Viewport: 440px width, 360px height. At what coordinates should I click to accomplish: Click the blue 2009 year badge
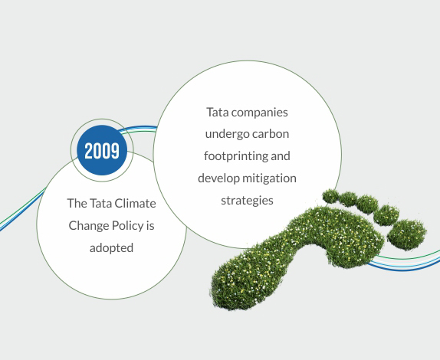click(102, 150)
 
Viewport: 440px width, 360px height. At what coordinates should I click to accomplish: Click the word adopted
click(111, 248)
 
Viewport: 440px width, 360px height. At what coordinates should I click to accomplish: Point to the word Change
click(88, 226)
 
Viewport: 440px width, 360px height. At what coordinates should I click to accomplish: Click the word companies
click(260, 113)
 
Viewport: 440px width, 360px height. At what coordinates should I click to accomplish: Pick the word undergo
click(228, 134)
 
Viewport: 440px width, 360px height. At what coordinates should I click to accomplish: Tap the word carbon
click(271, 134)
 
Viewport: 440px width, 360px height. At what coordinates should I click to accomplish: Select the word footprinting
click(236, 156)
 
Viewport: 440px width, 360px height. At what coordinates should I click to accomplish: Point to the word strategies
click(248, 201)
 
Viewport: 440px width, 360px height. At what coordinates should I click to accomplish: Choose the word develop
click(219, 178)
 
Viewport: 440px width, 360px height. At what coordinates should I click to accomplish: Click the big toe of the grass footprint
click(407, 234)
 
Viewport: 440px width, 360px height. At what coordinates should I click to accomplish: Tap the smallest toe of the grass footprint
click(330, 196)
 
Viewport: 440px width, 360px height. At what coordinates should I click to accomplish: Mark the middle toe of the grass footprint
click(367, 205)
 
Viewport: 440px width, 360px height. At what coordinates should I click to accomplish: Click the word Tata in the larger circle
click(218, 113)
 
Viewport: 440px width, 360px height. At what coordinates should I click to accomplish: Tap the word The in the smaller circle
click(77, 203)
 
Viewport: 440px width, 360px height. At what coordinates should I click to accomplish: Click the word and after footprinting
click(281, 156)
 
